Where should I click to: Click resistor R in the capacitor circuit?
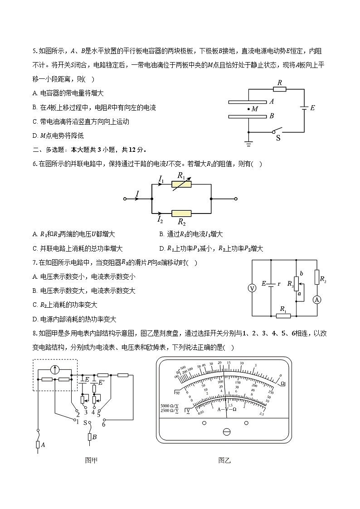[280, 89]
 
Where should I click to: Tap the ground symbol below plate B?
[248, 144]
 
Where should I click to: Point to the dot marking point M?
[248, 109]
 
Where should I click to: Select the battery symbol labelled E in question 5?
[304, 108]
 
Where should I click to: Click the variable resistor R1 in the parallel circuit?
[181, 184]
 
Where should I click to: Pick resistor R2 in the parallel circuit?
[181, 213]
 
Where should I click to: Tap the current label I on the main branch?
[137, 194]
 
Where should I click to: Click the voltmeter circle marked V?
[254, 288]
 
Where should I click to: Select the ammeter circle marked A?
[317, 299]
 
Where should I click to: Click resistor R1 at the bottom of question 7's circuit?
[283, 315]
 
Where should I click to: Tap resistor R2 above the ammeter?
[317, 277]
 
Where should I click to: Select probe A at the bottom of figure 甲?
[38, 445]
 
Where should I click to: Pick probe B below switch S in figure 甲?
[89, 437]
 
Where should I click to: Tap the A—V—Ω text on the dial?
[227, 409]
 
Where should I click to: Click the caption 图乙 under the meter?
[224, 461]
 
